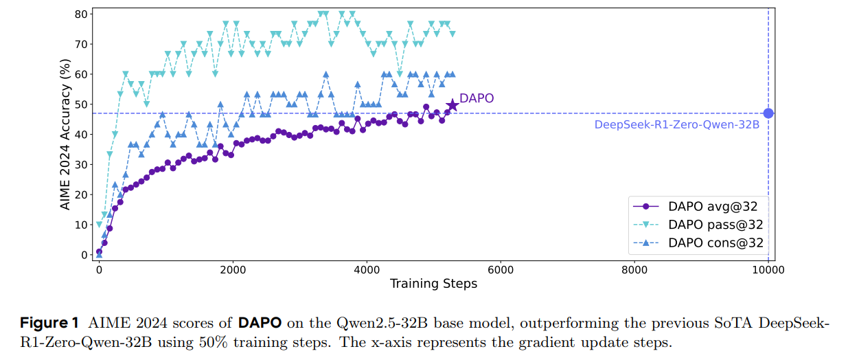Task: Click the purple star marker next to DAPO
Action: [452, 105]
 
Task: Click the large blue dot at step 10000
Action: [768, 113]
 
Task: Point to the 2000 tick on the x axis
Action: [233, 271]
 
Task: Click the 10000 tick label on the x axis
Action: [768, 271]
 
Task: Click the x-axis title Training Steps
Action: [433, 284]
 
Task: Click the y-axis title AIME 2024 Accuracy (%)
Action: [65, 134]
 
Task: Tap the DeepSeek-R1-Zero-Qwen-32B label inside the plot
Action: [676, 125]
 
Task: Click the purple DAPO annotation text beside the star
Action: [477, 98]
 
